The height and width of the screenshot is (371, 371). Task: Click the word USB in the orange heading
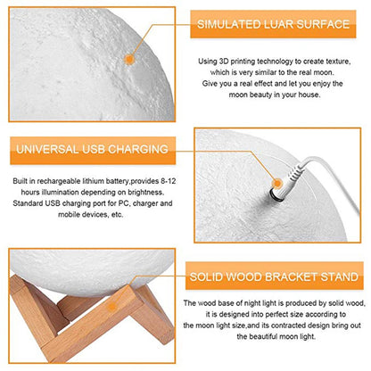click(x=93, y=149)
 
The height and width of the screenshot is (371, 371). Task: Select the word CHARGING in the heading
click(x=138, y=149)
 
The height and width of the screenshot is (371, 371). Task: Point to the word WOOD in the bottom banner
click(x=243, y=276)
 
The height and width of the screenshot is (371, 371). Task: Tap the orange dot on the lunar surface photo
click(x=129, y=60)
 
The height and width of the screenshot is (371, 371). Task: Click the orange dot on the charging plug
click(x=276, y=184)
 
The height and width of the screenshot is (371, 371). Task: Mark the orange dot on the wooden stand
click(x=111, y=307)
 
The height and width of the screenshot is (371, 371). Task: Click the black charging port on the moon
click(x=276, y=195)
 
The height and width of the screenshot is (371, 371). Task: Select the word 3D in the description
click(x=224, y=62)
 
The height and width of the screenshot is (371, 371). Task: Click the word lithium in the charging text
click(x=93, y=181)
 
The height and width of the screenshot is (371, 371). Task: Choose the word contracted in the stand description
click(x=288, y=326)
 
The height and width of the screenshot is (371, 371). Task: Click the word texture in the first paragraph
click(x=338, y=62)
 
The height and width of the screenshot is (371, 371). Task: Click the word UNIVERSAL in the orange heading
click(x=47, y=149)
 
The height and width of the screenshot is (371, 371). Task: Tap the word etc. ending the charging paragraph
click(x=117, y=214)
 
